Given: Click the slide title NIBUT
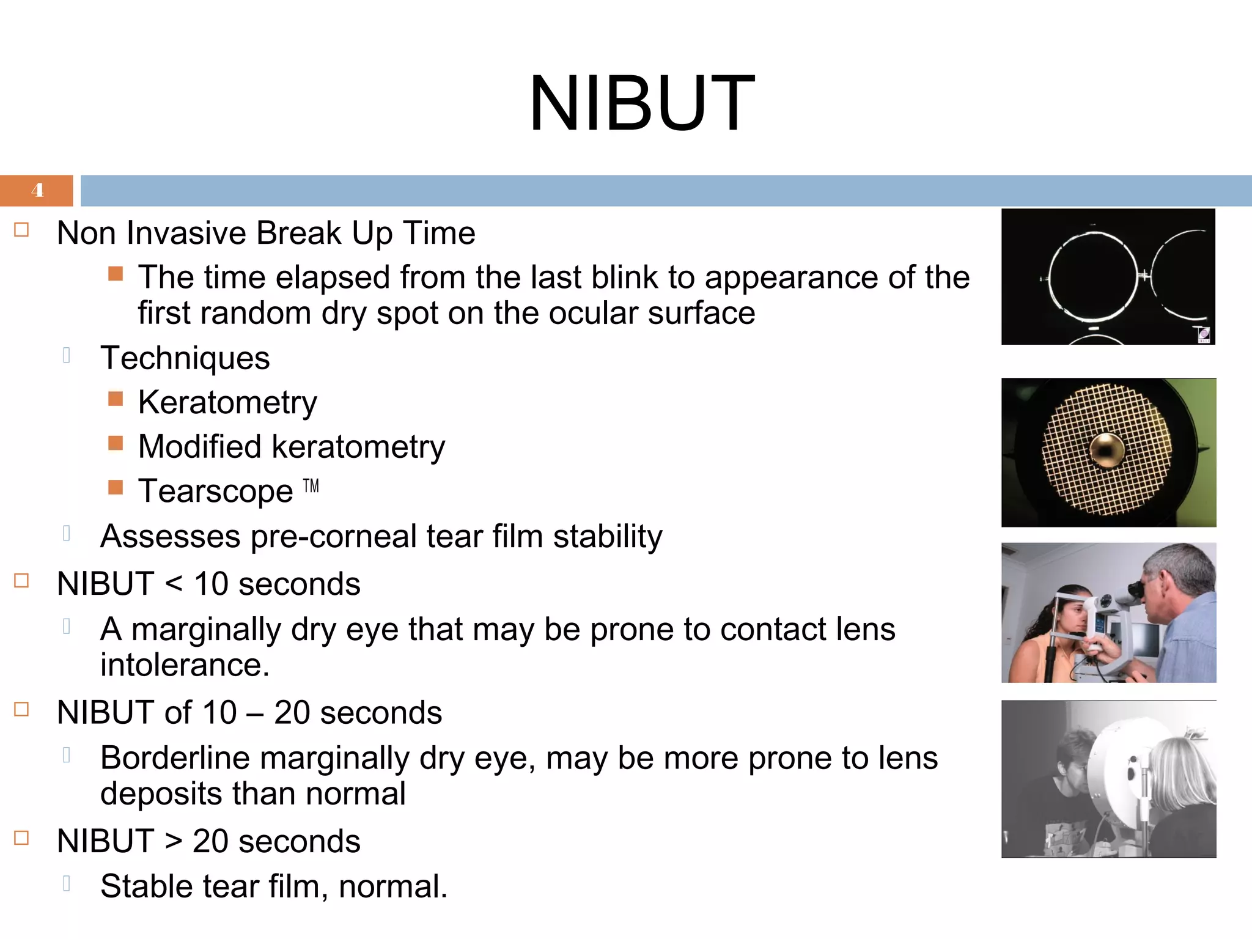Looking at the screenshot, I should [x=641, y=103].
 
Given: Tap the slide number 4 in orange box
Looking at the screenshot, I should [x=37, y=190].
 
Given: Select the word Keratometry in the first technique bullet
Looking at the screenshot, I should [x=227, y=403].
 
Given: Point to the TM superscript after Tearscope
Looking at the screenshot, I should [x=311, y=486].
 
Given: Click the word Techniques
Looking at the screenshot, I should [x=185, y=358].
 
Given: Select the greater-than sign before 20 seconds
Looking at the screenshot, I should [x=174, y=842].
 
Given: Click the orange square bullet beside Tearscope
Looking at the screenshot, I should [x=116, y=487].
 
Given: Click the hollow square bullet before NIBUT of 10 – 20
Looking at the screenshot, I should [x=22, y=709].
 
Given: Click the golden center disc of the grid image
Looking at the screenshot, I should [x=1106, y=451].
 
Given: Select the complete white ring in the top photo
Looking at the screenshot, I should [x=1094, y=277].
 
